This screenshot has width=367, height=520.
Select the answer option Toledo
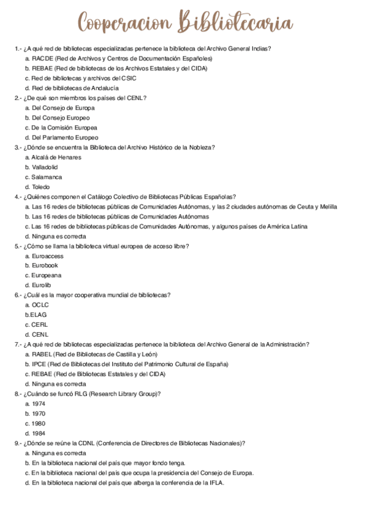click(41, 186)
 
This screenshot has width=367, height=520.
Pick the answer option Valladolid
click(45, 167)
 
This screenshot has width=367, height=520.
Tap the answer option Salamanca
click(47, 177)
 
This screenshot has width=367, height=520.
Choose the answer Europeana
click(47, 275)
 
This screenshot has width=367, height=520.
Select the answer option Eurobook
click(45, 266)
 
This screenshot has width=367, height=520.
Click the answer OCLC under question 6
click(40, 305)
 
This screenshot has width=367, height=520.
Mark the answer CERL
click(40, 324)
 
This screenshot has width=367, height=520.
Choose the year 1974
click(39, 403)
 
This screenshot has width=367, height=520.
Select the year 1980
click(39, 423)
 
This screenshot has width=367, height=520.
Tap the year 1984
click(39, 433)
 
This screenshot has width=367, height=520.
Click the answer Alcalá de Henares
click(56, 157)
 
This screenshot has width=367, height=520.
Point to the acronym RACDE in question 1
click(42, 58)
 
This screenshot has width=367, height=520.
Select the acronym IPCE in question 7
click(39, 364)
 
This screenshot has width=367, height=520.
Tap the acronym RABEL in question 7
click(42, 354)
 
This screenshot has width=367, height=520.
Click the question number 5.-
click(18, 246)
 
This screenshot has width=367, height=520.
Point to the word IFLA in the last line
click(217, 483)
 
